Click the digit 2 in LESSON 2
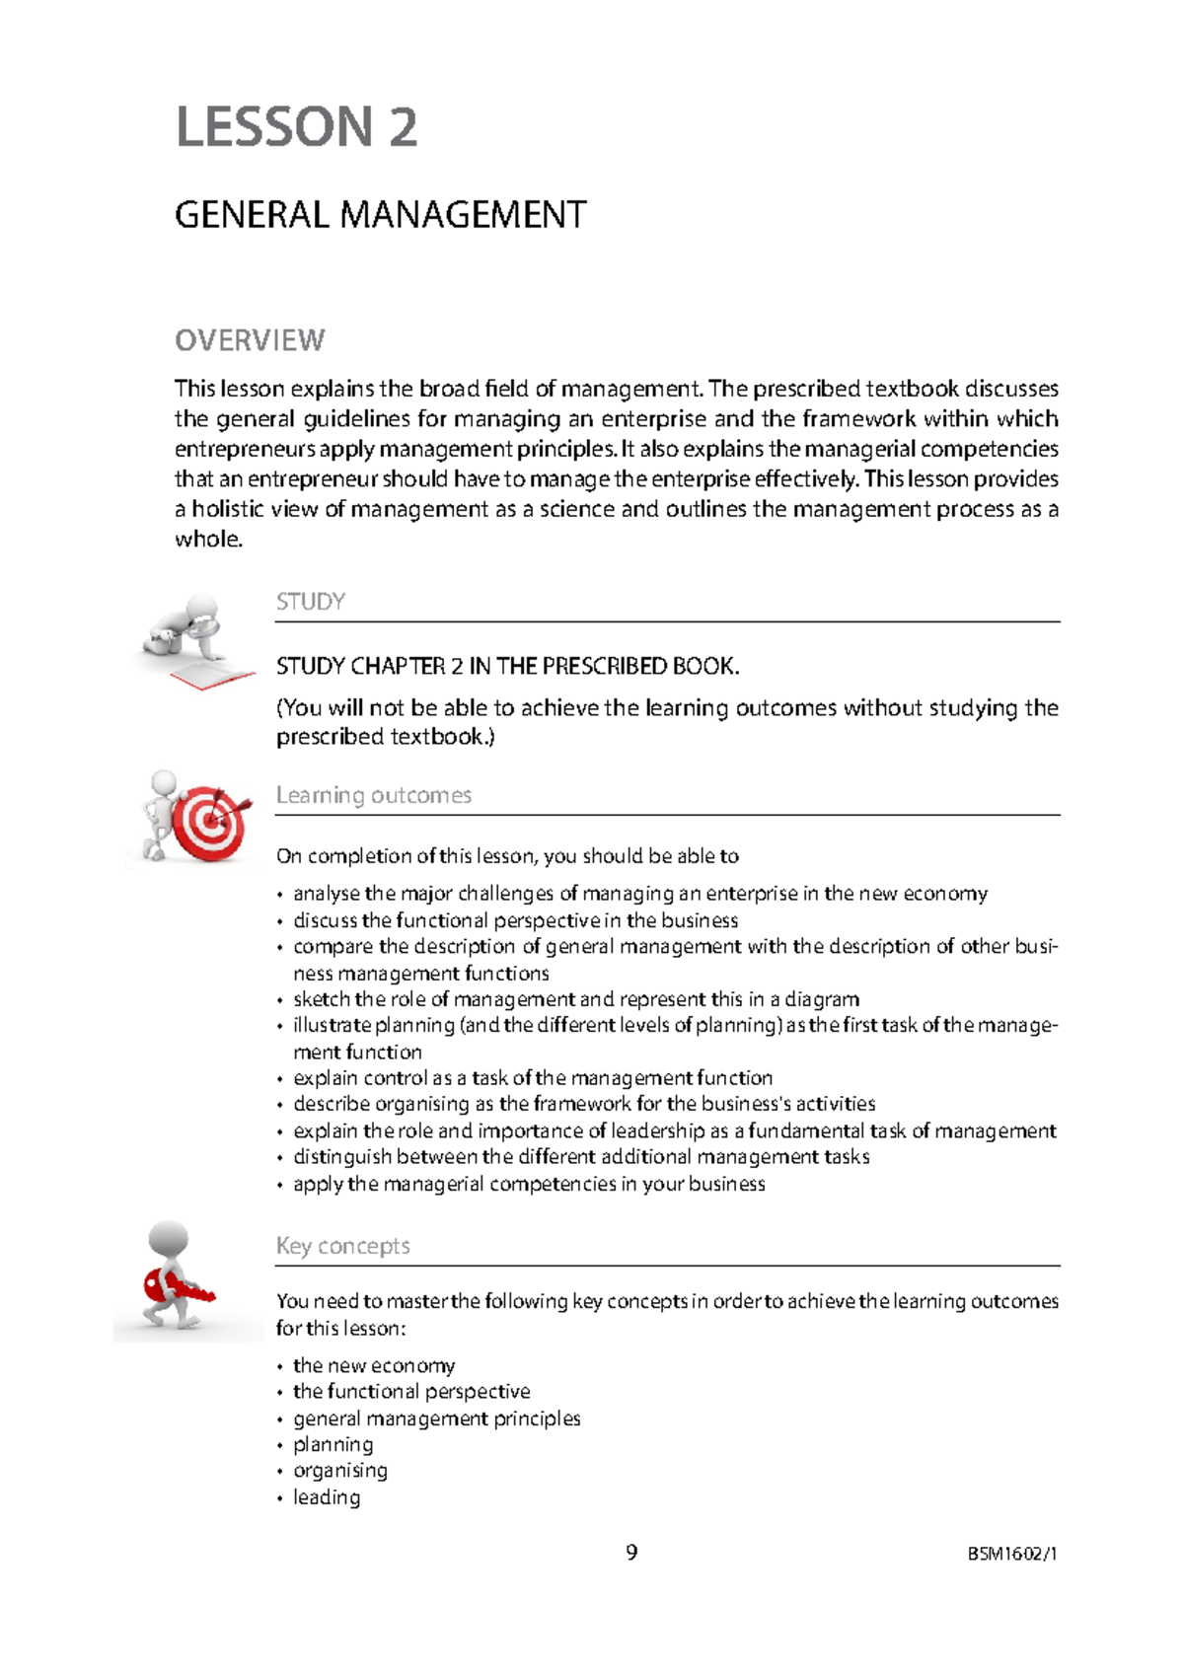click(x=403, y=128)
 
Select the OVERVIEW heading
click(x=250, y=340)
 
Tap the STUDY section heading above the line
click(x=311, y=602)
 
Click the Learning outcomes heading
click(x=374, y=795)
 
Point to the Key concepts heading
click(x=342, y=1246)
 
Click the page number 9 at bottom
click(x=631, y=1553)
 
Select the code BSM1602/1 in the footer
click(x=1011, y=1555)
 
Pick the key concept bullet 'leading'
click(x=327, y=1497)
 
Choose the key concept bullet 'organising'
click(x=340, y=1471)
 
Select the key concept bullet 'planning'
click(x=333, y=1444)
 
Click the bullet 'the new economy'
click(x=374, y=1365)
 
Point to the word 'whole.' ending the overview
click(x=208, y=540)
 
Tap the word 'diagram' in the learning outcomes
click(x=821, y=999)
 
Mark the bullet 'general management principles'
click(x=436, y=1418)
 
